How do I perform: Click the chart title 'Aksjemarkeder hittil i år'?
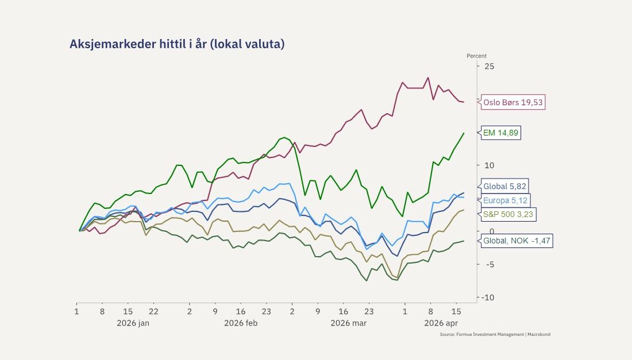177,44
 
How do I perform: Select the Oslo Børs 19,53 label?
513,103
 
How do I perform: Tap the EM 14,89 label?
501,133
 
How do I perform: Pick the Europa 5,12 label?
505,200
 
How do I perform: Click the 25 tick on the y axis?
490,66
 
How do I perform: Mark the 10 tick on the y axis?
490,165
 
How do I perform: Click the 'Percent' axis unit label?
476,56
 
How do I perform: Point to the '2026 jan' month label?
133,323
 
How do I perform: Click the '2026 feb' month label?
240,323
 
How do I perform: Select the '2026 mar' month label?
348,323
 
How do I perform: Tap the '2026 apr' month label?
441,323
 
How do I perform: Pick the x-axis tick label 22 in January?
153,311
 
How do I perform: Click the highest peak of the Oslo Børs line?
427,78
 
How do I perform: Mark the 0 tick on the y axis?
489,231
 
